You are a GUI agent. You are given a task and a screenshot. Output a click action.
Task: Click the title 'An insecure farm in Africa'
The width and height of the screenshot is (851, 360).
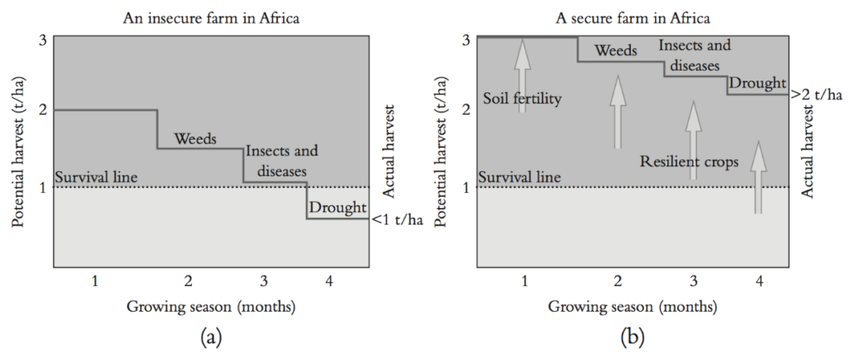pyautogui.click(x=211, y=16)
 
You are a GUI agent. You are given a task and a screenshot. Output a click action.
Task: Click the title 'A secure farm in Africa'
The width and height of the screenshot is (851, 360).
pyautogui.click(x=632, y=16)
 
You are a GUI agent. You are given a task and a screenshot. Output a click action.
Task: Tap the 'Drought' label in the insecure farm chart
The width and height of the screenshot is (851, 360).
pyautogui.click(x=336, y=207)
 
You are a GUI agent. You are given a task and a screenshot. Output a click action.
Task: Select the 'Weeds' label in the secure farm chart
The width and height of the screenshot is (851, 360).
pyautogui.click(x=616, y=51)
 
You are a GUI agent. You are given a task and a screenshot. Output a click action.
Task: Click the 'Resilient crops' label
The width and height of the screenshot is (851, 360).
pyautogui.click(x=689, y=161)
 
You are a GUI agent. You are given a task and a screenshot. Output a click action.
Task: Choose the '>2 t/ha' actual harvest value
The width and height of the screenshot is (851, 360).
pyautogui.click(x=817, y=96)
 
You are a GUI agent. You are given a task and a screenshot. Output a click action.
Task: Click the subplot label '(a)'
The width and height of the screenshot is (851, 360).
pyautogui.click(x=211, y=338)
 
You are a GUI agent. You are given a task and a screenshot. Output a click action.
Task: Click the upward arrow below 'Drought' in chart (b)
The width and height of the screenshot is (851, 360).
pyautogui.click(x=757, y=177)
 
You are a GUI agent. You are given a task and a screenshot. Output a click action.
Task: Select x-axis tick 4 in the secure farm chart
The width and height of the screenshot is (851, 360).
pyautogui.click(x=759, y=280)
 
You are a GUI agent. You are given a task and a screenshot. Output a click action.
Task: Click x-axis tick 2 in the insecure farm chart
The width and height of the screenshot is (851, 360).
pyautogui.click(x=188, y=280)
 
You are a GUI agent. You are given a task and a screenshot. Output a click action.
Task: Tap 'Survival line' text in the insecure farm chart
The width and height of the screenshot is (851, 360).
pyautogui.click(x=96, y=177)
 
